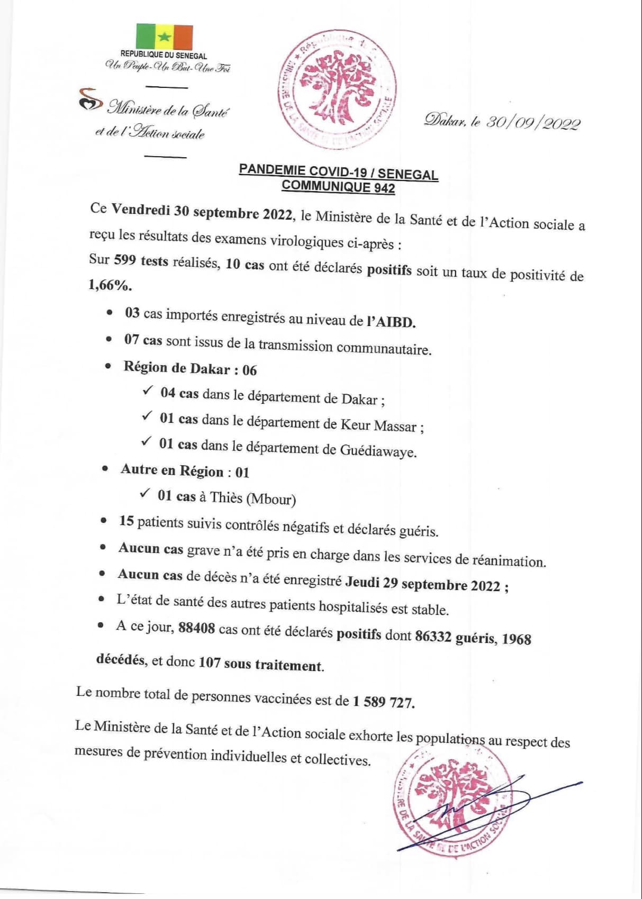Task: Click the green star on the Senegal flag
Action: pyautogui.click(x=165, y=37)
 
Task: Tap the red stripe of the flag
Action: pyautogui.click(x=183, y=37)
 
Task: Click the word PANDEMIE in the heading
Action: pyautogui.click(x=272, y=169)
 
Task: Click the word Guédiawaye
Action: pyautogui.click(x=378, y=451)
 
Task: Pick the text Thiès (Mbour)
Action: pyautogui.click(x=253, y=498)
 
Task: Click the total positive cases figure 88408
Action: pyautogui.click(x=196, y=629)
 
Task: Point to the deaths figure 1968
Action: pyautogui.click(x=516, y=639)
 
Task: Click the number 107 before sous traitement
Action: pyautogui.click(x=209, y=662)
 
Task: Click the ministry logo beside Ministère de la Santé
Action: pyautogui.click(x=89, y=99)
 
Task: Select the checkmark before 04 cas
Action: pyautogui.click(x=148, y=391)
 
